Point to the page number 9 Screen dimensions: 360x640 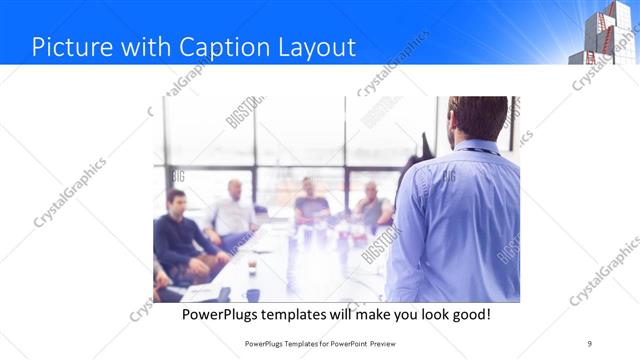[x=590, y=343]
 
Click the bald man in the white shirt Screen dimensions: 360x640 [x=233, y=209]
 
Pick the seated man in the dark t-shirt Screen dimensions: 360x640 [x=311, y=204]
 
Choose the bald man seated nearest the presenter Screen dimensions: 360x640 [x=372, y=205]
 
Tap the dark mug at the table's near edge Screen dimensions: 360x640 [x=253, y=295]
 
